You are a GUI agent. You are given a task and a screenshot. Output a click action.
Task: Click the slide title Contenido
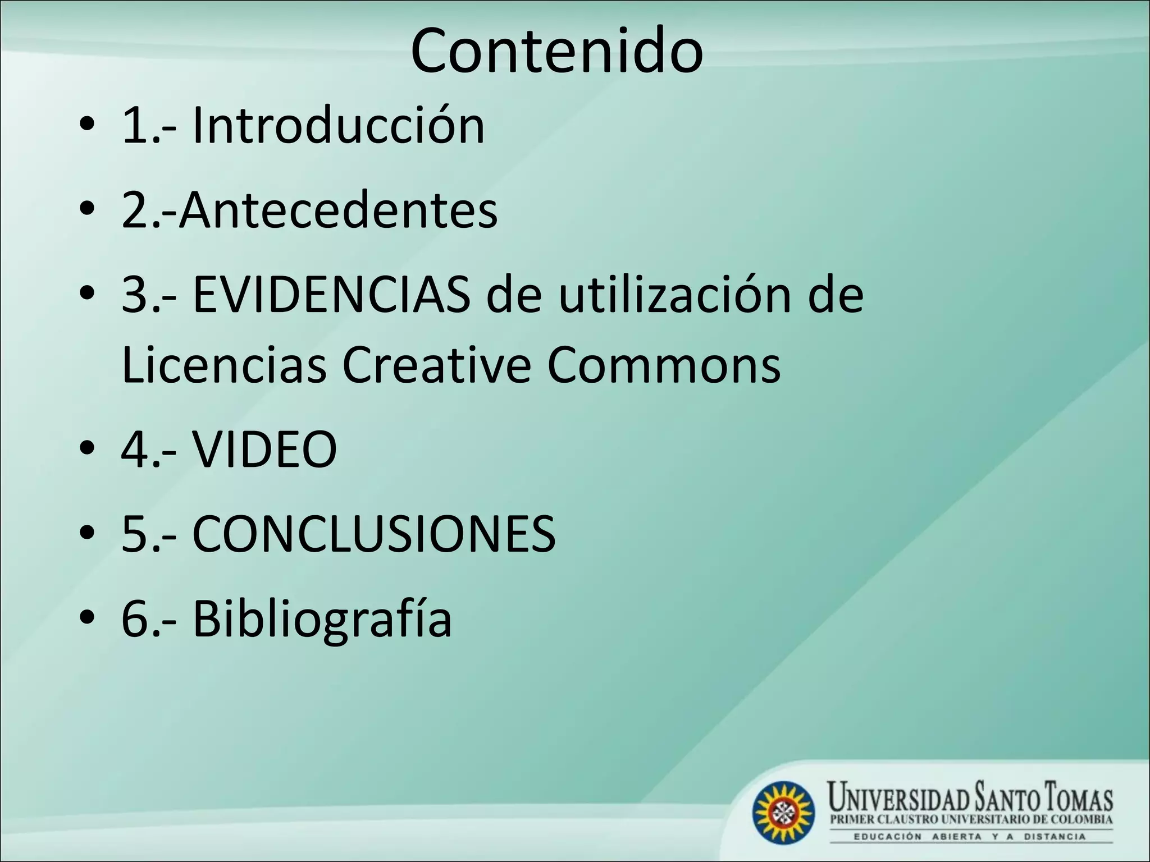pos(556,52)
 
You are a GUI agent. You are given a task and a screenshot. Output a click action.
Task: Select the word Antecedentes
pos(338,211)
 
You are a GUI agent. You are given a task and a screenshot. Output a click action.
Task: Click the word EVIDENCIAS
pos(331,296)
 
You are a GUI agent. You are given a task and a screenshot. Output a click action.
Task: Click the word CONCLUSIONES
pos(374,534)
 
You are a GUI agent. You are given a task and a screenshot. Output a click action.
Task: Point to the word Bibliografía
pos(322,620)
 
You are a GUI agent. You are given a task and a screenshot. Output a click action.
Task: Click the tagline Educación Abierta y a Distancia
pos(970,837)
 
